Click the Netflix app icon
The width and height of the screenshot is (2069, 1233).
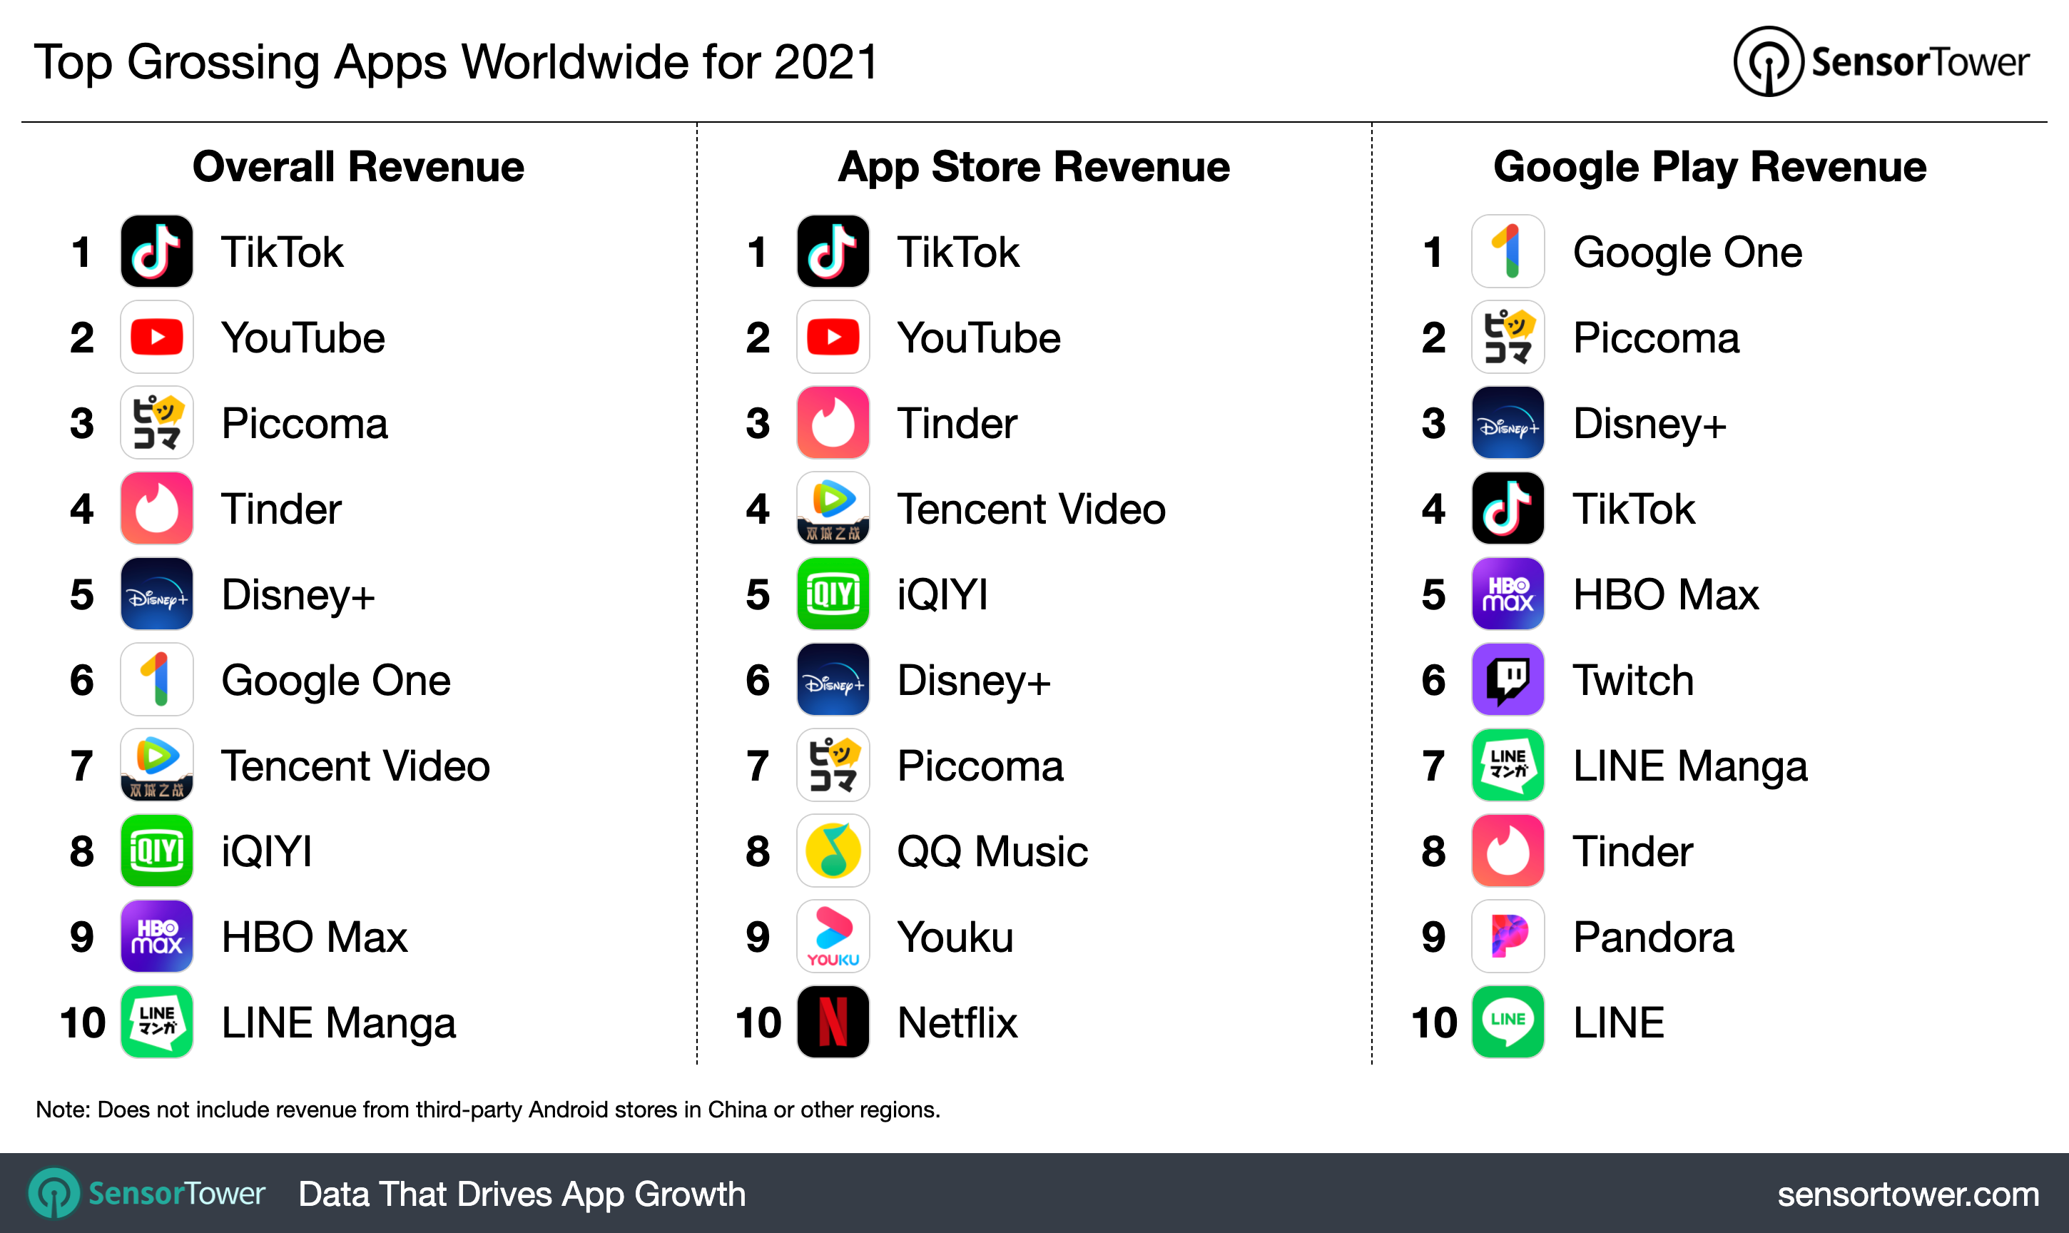pyautogui.click(x=833, y=1021)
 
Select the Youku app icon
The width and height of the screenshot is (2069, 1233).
pyautogui.click(x=833, y=935)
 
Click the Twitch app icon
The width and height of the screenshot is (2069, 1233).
pyautogui.click(x=1508, y=679)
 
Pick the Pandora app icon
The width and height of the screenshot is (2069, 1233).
pyautogui.click(x=1508, y=935)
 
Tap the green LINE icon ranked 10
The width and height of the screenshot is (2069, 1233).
pyautogui.click(x=1508, y=1021)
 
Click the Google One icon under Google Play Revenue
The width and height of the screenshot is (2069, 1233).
pyautogui.click(x=1508, y=251)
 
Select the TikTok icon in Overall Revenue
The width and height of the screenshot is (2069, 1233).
pyautogui.click(x=156, y=251)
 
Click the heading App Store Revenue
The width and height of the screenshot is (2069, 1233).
pyautogui.click(x=1033, y=167)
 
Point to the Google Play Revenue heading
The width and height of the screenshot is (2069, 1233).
pyautogui.click(x=1709, y=167)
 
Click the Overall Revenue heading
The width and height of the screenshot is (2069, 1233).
pyautogui.click(x=358, y=167)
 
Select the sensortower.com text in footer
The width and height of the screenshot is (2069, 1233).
pyautogui.click(x=1908, y=1194)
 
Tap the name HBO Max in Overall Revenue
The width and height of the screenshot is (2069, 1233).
pyautogui.click(x=314, y=937)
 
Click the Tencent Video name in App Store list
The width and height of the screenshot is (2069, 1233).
pyautogui.click(x=1031, y=509)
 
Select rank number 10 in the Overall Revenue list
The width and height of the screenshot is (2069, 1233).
pyautogui.click(x=82, y=1022)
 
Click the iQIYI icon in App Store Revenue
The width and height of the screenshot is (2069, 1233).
pyautogui.click(x=833, y=594)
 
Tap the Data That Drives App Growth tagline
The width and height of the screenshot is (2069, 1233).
pyautogui.click(x=522, y=1194)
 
